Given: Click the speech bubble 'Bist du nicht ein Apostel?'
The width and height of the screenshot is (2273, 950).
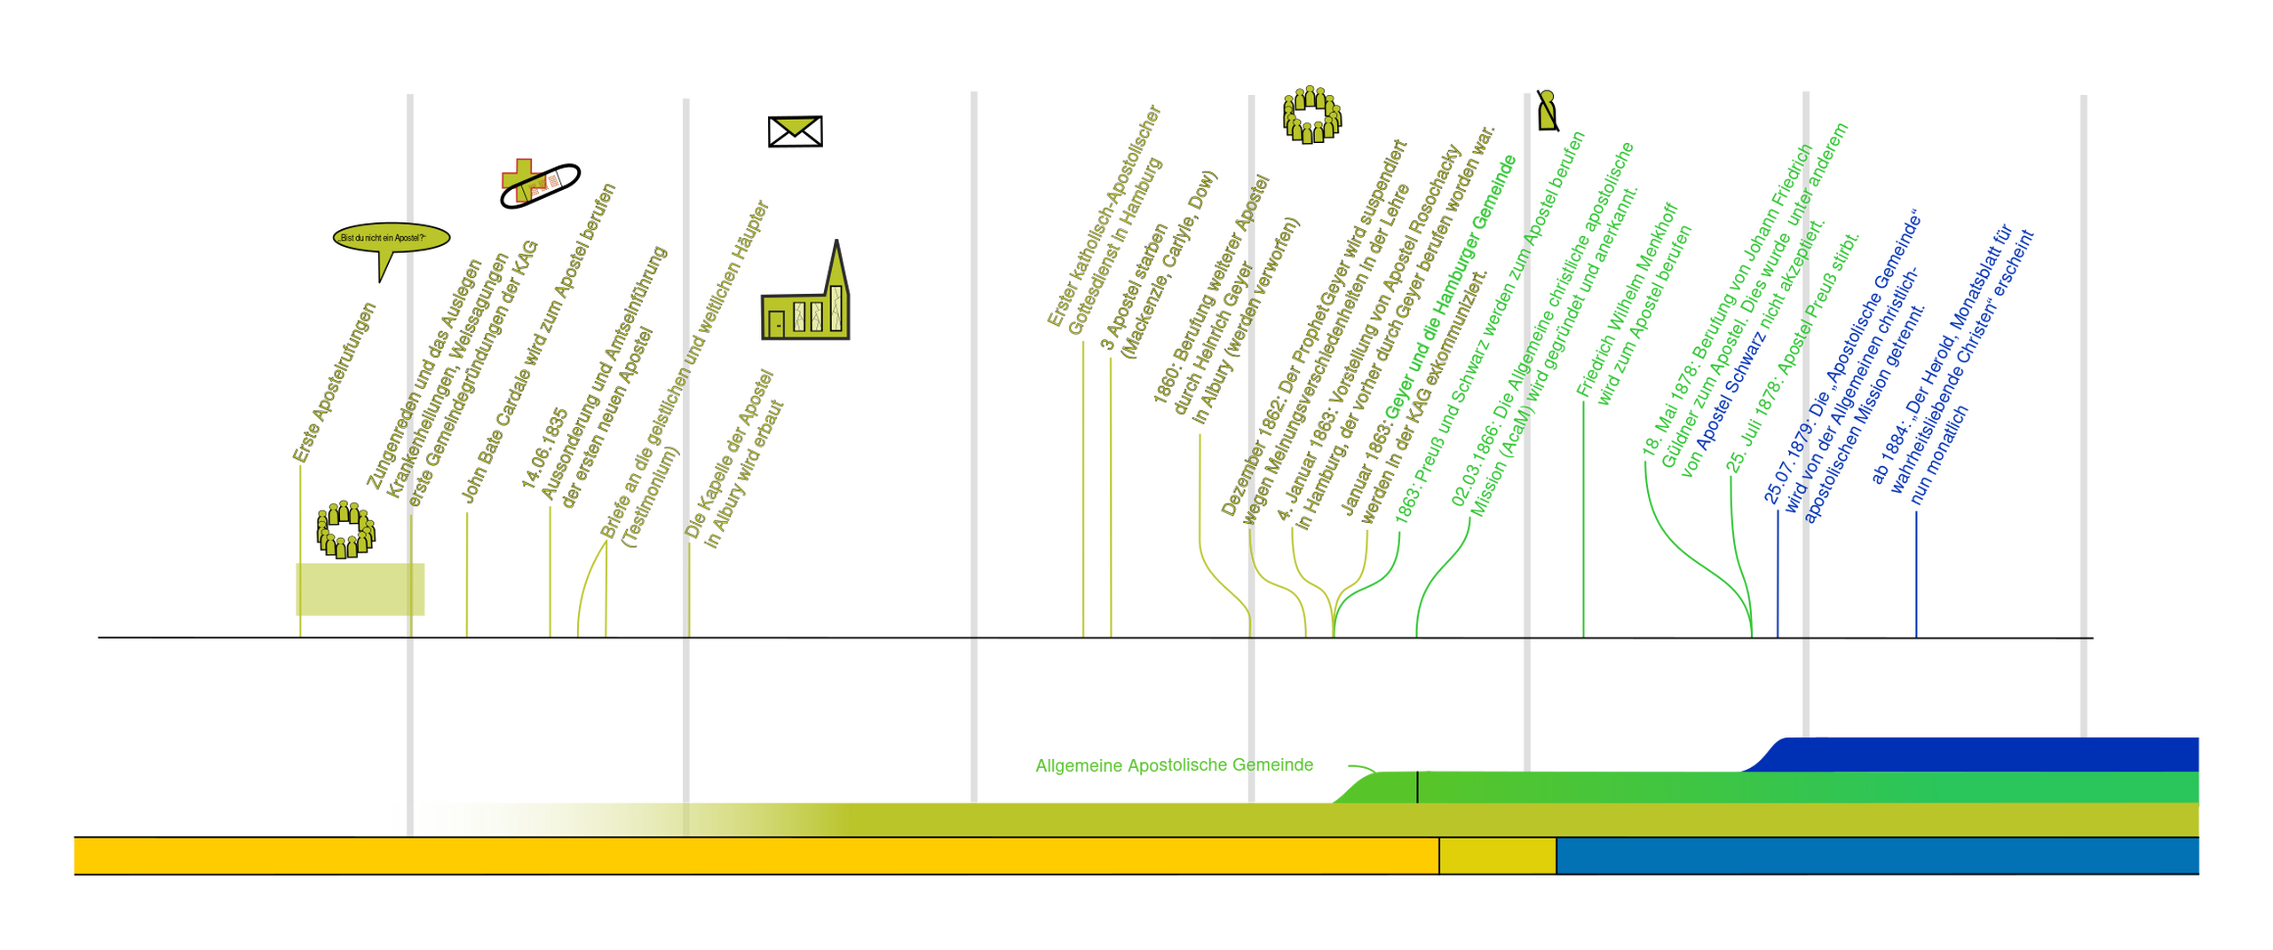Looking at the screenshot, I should click(391, 238).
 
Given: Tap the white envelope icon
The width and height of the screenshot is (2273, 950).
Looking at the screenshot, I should click(795, 131).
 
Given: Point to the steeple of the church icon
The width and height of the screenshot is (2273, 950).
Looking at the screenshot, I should click(836, 266).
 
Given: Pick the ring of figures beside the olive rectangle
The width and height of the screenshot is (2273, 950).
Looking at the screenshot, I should click(345, 529).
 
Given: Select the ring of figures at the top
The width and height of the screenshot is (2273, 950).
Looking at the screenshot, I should click(1311, 114).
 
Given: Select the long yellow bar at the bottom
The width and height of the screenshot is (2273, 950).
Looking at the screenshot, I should click(755, 855).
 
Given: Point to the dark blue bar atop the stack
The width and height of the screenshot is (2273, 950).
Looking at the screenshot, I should click(1980, 753).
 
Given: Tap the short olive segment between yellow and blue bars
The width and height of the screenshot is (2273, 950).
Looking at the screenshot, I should click(1497, 855).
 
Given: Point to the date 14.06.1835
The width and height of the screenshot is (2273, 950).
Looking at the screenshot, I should click(544, 448).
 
